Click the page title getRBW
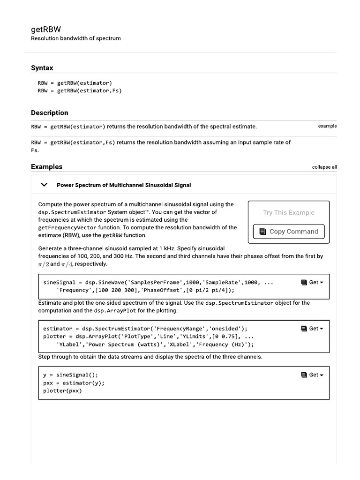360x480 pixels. [x=46, y=29]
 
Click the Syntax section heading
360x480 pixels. [x=42, y=68]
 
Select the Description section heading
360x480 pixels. [x=49, y=113]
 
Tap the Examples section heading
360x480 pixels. [x=46, y=167]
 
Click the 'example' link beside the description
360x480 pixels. [x=327, y=126]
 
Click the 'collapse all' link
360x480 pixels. [x=324, y=167]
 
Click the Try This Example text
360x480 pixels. [x=288, y=213]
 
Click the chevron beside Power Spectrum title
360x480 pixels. [x=45, y=185]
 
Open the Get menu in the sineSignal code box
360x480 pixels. [x=313, y=283]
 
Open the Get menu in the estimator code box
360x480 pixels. [x=313, y=329]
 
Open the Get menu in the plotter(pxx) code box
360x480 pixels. [x=313, y=375]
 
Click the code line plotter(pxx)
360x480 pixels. [x=62, y=391]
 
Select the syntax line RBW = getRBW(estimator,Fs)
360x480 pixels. [x=80, y=91]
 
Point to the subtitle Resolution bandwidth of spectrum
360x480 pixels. [x=75, y=38]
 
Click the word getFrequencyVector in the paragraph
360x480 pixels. [x=67, y=227]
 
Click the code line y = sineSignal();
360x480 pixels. [x=71, y=375]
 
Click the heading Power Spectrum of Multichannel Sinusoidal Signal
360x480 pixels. [x=124, y=185]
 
